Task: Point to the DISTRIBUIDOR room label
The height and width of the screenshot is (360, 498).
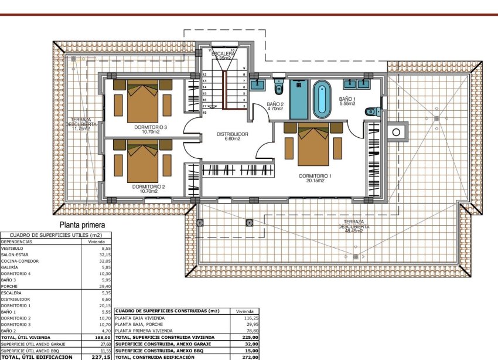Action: point(233,134)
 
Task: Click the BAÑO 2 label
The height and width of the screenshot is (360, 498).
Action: point(275,104)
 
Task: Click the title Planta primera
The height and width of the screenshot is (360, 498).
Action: point(81,225)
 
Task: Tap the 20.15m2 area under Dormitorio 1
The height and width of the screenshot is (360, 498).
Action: point(315,181)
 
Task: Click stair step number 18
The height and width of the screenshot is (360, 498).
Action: point(204,112)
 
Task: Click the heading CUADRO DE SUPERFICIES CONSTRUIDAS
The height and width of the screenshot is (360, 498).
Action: point(168,311)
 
